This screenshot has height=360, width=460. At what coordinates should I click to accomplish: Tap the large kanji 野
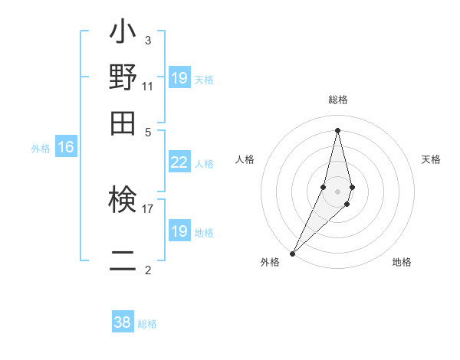pos(123,78)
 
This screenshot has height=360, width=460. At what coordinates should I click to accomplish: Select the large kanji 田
pos(123,122)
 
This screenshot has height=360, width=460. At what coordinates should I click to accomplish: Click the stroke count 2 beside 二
pos(147,270)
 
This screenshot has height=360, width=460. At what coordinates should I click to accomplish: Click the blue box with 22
pos(179,162)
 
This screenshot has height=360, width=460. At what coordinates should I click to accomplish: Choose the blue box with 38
pos(123,322)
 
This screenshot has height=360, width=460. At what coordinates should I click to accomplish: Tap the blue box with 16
pos(66,148)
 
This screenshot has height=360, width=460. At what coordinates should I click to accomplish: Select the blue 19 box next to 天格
pos(179,78)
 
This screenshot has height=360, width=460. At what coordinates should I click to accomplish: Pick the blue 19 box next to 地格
pos(179,231)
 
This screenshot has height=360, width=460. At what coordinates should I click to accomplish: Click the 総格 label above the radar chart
pos(338,100)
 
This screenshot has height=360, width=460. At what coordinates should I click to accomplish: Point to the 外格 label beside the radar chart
pos(270,262)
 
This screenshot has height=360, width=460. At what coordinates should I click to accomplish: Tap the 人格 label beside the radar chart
pos(245,159)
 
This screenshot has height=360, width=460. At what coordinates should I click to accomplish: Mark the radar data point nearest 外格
pos(292,254)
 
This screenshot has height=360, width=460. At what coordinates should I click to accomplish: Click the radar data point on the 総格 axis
pos(338,130)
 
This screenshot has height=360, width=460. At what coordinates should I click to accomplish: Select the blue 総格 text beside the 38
pos(147,324)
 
